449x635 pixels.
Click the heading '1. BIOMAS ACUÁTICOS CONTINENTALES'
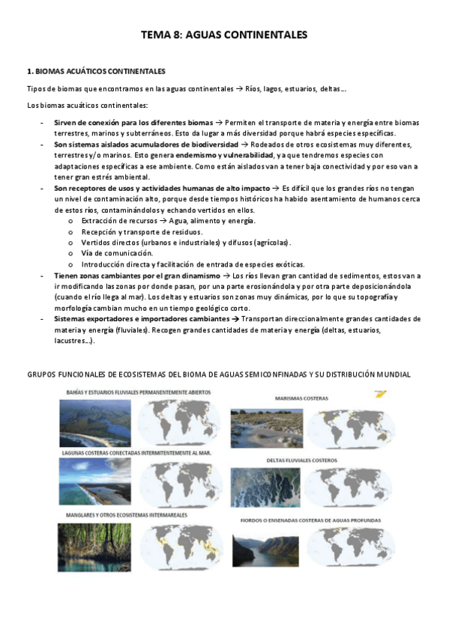(x=96, y=72)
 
